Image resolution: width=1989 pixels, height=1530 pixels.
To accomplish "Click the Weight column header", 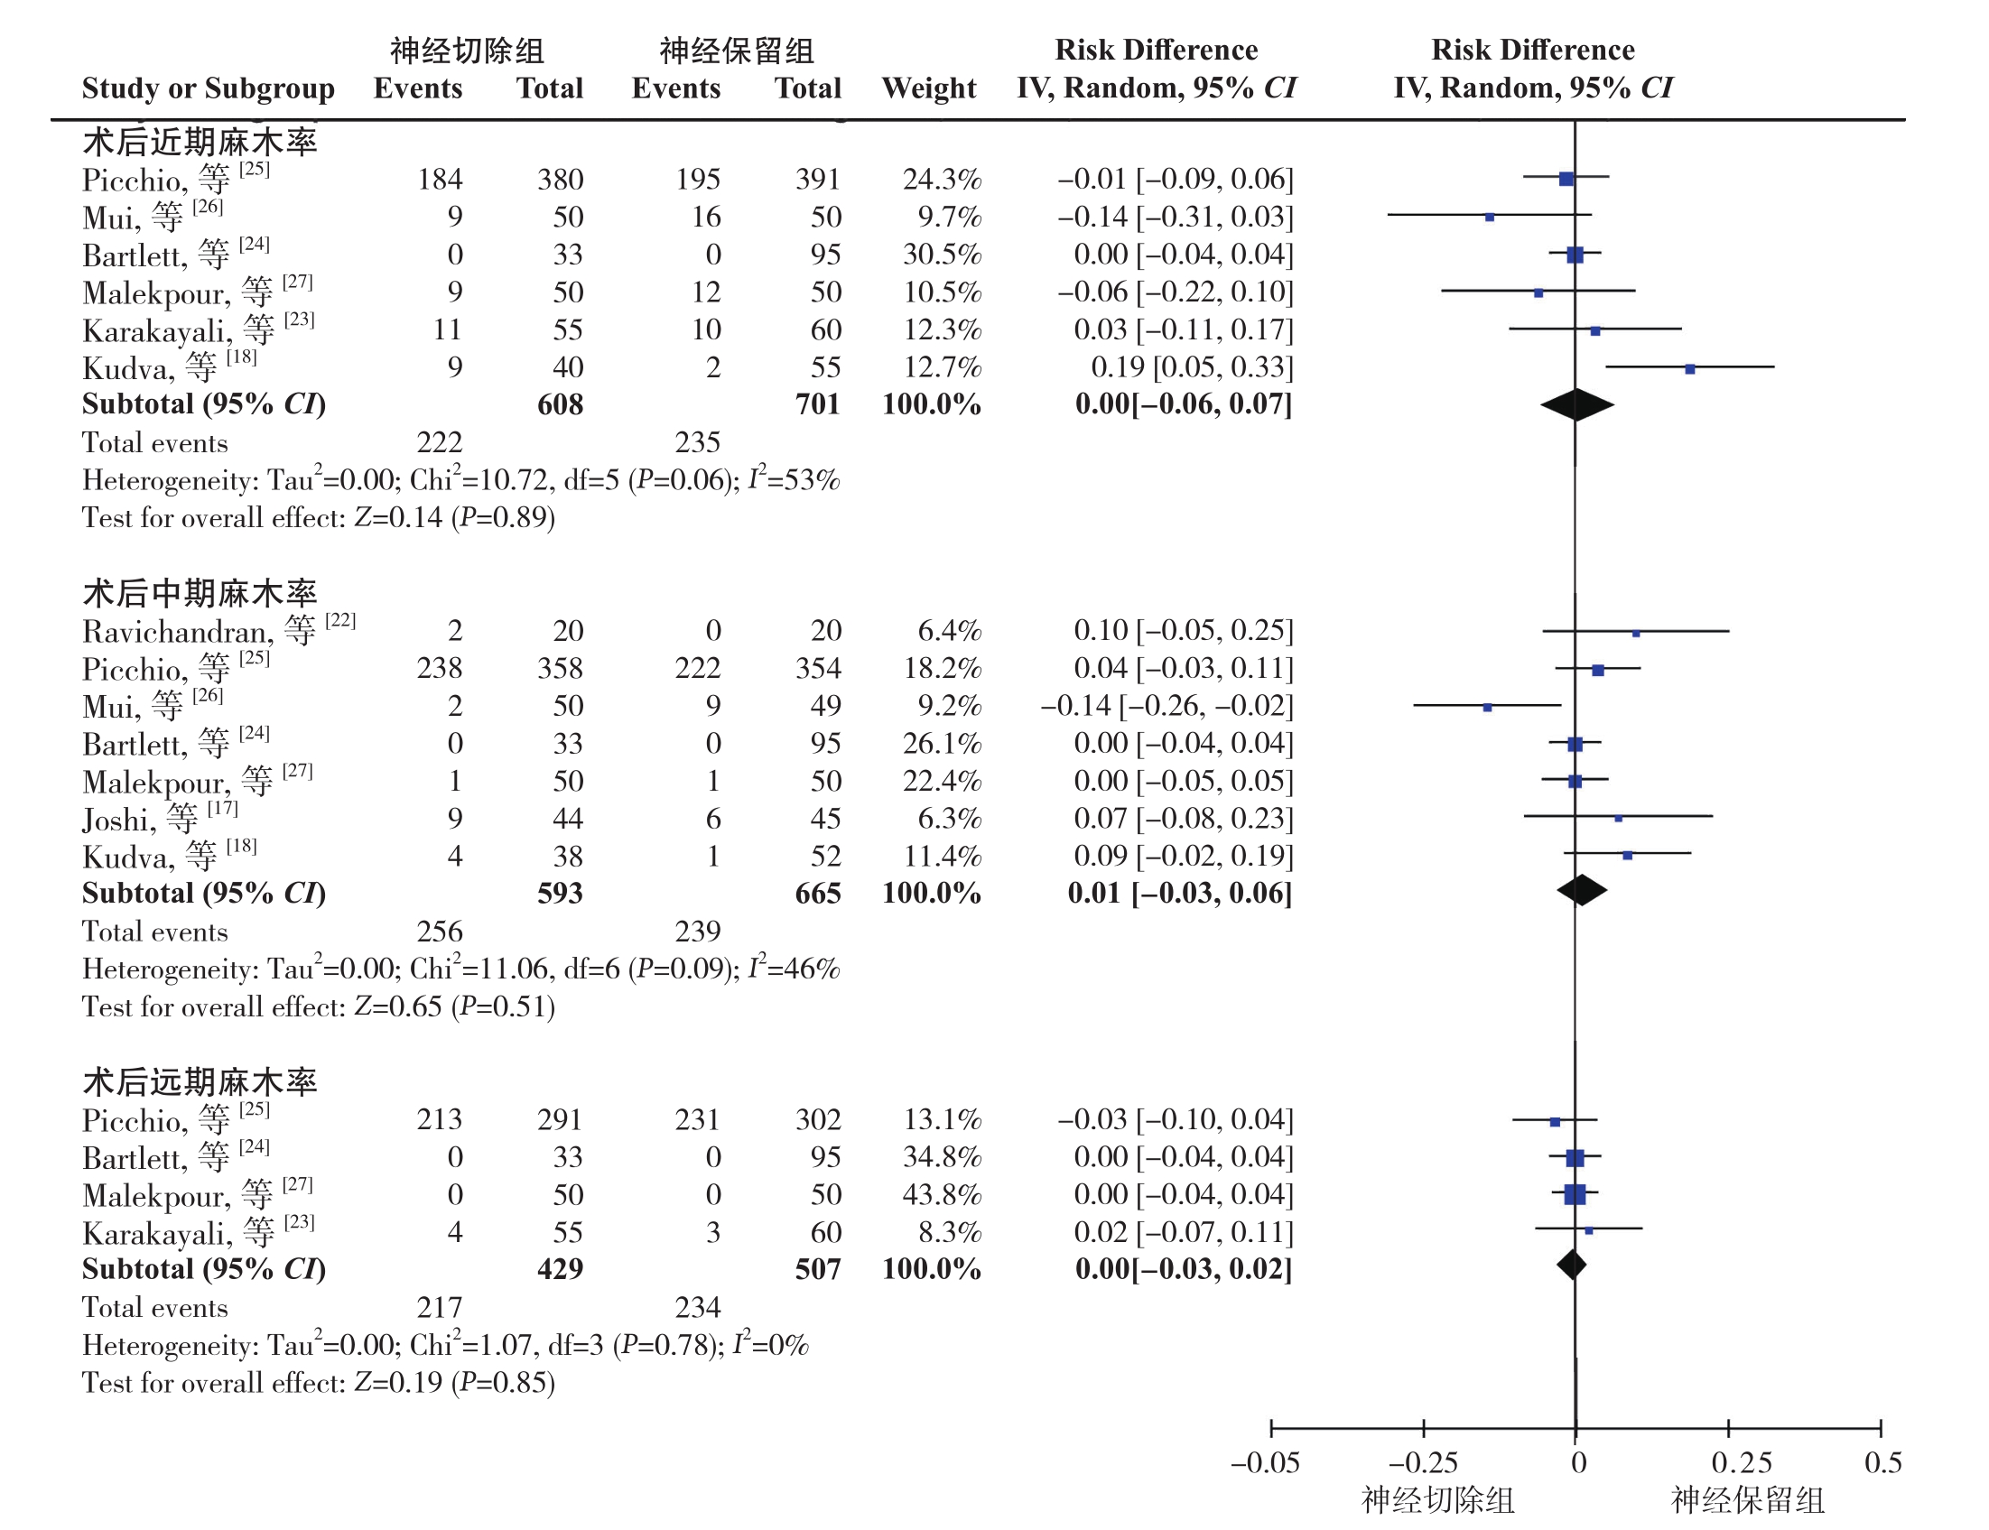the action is (929, 88).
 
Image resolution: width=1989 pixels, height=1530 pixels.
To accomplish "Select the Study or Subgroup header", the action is (209, 88).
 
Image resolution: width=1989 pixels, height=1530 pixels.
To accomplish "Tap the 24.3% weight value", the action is (942, 180).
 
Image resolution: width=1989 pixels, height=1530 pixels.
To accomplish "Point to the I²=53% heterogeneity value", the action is (794, 479).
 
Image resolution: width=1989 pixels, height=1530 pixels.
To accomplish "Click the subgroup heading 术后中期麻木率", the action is (200, 593).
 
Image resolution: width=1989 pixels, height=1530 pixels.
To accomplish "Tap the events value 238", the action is (440, 669).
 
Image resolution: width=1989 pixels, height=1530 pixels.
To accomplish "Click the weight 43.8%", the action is (942, 1194).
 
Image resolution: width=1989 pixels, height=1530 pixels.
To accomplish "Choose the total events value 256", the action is (440, 931).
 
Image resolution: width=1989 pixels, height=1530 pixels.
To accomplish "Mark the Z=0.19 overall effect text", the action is (398, 1383).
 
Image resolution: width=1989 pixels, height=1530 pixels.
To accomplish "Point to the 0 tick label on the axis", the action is (1579, 1462).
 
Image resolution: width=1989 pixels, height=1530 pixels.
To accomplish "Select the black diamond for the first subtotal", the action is (1577, 405).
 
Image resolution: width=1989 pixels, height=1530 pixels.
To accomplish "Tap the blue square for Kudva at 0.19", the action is (1690, 369).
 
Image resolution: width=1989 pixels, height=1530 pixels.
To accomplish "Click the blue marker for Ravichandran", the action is (1637, 633).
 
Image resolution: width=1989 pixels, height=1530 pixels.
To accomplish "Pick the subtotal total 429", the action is (560, 1269).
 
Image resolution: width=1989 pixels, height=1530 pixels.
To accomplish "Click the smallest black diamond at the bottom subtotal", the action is (1572, 1265).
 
